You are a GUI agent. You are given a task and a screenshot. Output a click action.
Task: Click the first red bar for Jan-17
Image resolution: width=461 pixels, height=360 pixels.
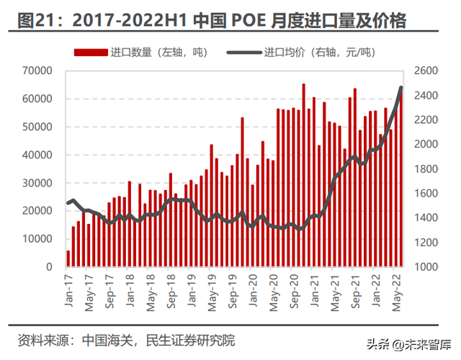point(68,258)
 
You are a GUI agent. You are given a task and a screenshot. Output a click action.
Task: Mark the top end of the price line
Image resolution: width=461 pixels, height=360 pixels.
point(401,88)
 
